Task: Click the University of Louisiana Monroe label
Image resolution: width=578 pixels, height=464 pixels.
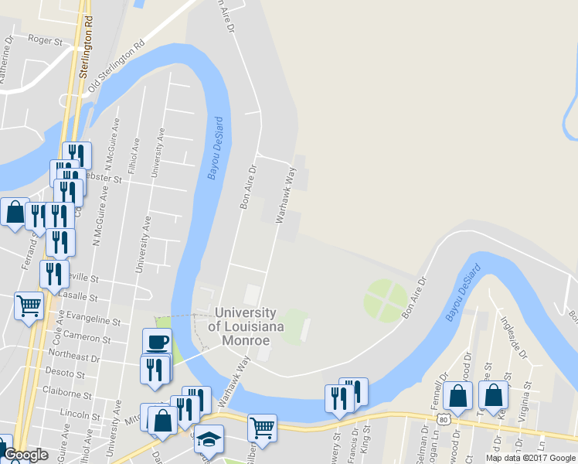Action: (244, 326)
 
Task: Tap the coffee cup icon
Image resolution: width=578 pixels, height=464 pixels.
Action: (157, 341)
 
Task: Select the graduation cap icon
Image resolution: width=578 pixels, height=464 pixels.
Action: (208, 438)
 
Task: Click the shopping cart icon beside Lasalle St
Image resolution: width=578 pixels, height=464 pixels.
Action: (29, 305)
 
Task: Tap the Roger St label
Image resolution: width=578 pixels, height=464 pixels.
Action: (44, 38)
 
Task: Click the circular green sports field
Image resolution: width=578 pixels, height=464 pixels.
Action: (386, 300)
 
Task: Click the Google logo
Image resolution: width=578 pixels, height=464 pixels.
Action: (25, 455)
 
